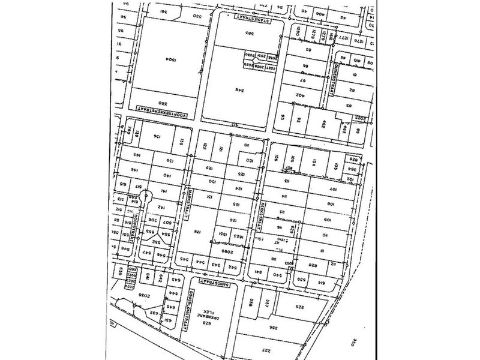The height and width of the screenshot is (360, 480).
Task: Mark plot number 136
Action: click(157, 137)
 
